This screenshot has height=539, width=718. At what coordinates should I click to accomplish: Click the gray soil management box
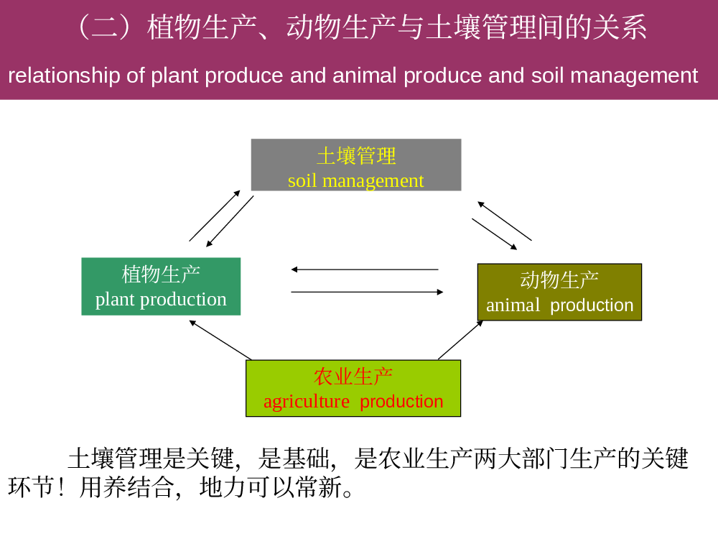click(x=356, y=165)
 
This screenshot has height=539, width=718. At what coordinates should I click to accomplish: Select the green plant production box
click(x=161, y=287)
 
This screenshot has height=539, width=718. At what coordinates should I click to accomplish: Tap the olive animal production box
click(x=559, y=292)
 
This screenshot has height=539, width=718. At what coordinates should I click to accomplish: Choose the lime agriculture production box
click(x=353, y=388)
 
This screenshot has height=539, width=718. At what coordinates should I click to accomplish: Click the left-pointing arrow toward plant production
click(x=365, y=269)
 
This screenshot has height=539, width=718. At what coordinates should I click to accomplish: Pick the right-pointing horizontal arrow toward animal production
click(x=367, y=292)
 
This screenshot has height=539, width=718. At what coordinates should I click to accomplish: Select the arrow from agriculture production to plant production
click(x=220, y=340)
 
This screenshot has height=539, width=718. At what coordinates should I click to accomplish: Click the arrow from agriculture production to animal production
click(x=460, y=340)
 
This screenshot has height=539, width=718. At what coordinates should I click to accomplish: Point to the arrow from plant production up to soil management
click(x=215, y=216)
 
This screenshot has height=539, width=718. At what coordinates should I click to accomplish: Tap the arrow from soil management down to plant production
click(x=230, y=221)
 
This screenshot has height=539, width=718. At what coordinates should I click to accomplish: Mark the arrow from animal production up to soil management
click(x=505, y=221)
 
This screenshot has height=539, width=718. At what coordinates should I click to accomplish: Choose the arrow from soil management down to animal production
click(x=495, y=234)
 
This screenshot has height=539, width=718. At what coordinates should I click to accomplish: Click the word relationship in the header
click(x=64, y=75)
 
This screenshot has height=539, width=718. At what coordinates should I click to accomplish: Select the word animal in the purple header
click(x=365, y=75)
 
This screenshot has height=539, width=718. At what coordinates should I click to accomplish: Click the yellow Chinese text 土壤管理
click(x=356, y=156)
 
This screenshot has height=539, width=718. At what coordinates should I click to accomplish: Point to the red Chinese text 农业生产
click(x=353, y=377)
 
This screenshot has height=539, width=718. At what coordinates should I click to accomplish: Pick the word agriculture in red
click(x=307, y=402)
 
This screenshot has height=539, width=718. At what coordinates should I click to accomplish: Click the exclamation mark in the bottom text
click(x=62, y=487)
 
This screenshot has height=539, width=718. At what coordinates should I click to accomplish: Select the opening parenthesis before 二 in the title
click(x=84, y=27)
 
